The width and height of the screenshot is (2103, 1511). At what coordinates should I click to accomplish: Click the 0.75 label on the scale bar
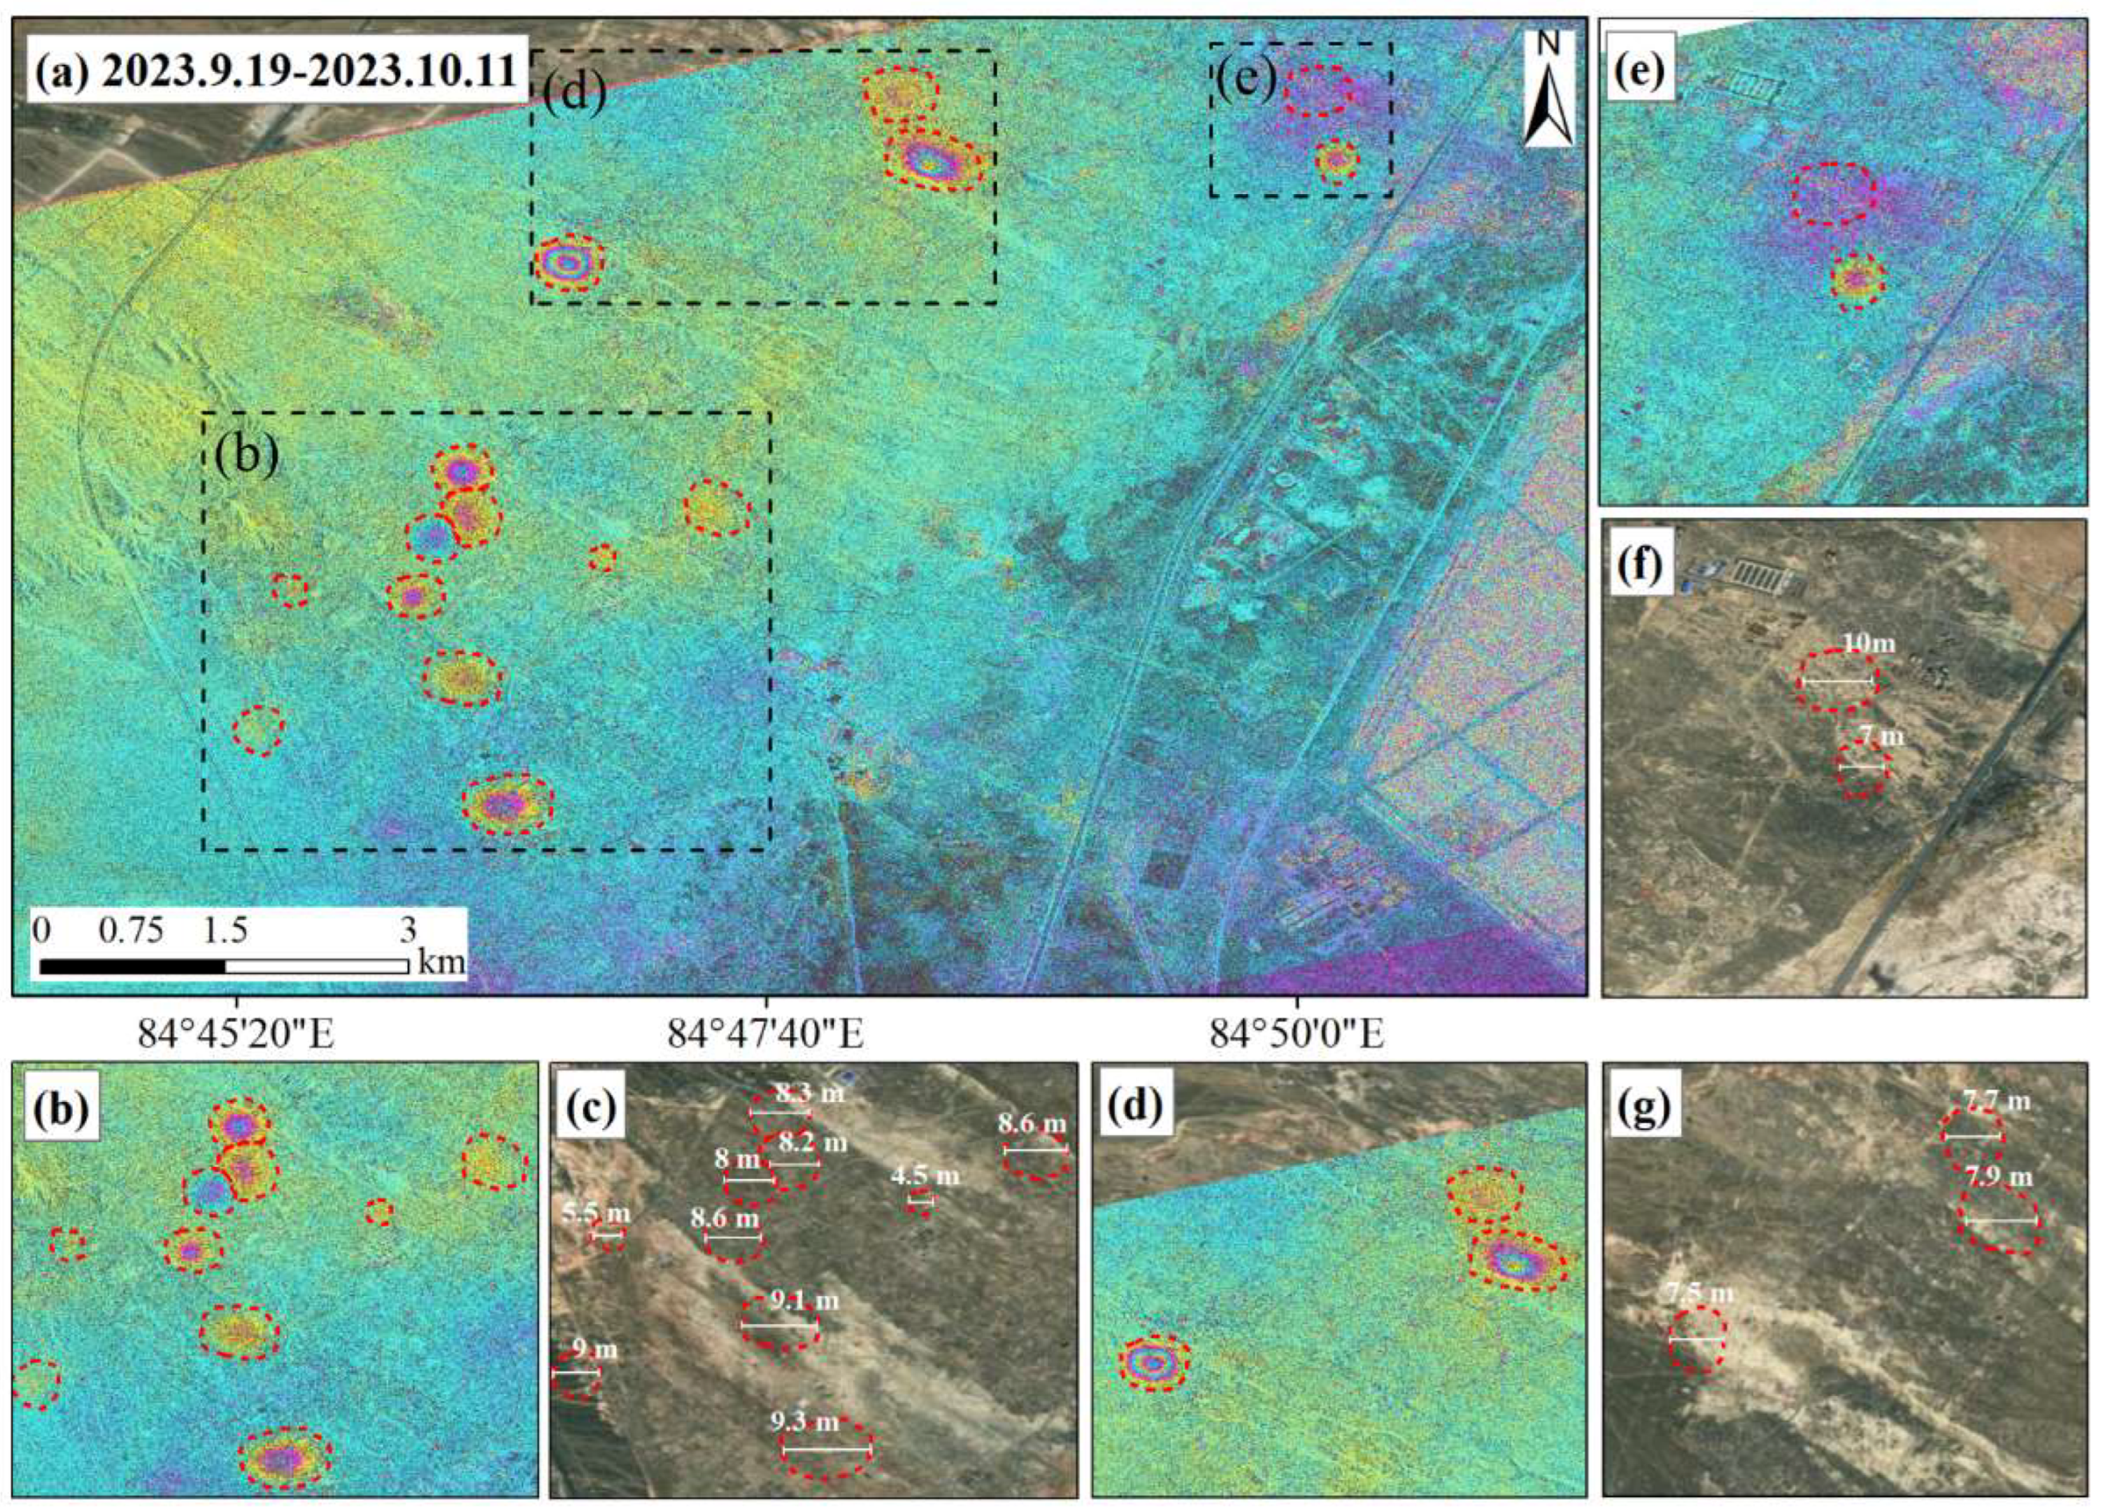(x=131, y=930)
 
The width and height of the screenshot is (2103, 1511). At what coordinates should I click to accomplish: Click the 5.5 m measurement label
(x=596, y=1212)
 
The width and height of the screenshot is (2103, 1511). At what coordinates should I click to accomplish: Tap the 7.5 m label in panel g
(x=1698, y=1292)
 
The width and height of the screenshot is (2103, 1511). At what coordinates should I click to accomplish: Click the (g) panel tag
(x=1644, y=1108)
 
